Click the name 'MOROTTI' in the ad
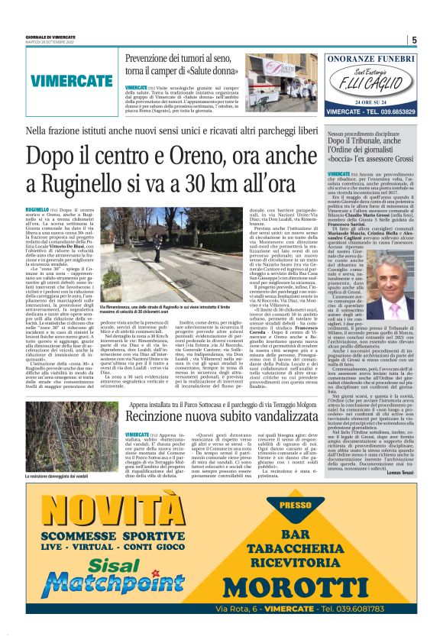point(312,586)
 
